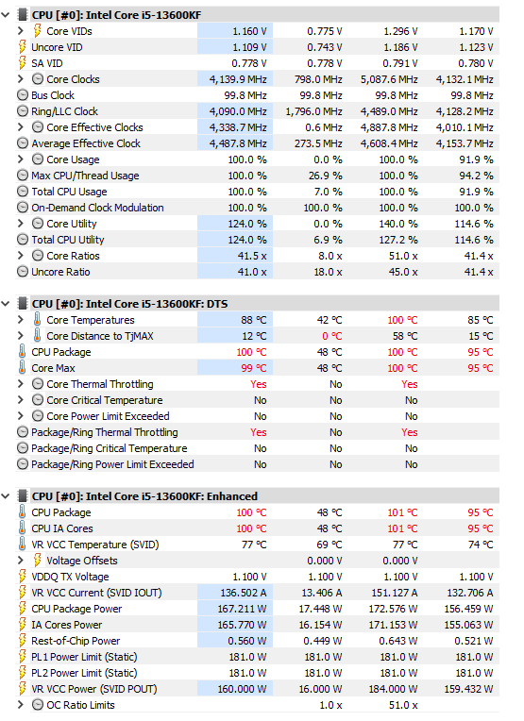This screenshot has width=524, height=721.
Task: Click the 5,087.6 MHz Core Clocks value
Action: pos(389,79)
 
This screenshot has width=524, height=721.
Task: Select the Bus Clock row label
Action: pos(53,95)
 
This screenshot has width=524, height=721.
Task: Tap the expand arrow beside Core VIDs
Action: pos(20,31)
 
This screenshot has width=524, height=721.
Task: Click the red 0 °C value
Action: pos(332,336)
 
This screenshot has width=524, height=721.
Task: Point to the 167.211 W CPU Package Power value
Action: pos(242,609)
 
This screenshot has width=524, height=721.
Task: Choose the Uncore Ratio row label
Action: pos(60,272)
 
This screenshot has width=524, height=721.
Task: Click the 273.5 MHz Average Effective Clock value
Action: pos(318,144)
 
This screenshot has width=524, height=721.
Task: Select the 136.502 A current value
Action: pos(244,593)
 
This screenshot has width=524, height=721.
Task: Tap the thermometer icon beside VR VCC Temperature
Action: pos(22,545)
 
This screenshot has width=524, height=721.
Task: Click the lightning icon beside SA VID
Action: pos(22,63)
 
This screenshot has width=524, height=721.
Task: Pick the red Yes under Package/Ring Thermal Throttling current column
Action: pos(258,432)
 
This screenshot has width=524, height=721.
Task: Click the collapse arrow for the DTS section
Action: pos(6,304)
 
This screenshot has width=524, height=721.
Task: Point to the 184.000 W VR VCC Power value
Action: pos(393,689)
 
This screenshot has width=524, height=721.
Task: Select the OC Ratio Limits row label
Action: pos(80,705)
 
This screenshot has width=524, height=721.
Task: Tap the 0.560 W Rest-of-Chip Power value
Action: pos(247,641)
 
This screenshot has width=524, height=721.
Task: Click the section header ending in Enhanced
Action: pos(144,496)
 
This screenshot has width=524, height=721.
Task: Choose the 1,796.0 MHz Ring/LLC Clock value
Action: pos(313,111)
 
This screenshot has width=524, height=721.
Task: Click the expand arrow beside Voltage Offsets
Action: pos(20,560)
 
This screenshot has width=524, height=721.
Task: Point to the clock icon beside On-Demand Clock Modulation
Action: pos(23,208)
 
